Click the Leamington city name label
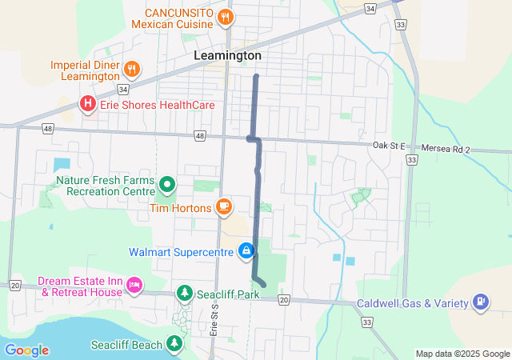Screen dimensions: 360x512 click(x=227, y=56)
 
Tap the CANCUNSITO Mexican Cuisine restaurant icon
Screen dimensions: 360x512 click(x=226, y=16)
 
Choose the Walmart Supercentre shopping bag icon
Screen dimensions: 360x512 click(x=246, y=252)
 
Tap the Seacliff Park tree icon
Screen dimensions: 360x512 click(x=185, y=294)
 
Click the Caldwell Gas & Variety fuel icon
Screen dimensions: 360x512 click(x=480, y=302)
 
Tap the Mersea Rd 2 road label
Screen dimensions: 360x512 click(x=445, y=149)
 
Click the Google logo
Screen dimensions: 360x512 click(x=26, y=350)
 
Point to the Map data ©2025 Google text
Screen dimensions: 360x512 click(x=462, y=354)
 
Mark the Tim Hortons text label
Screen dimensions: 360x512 click(x=180, y=208)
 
